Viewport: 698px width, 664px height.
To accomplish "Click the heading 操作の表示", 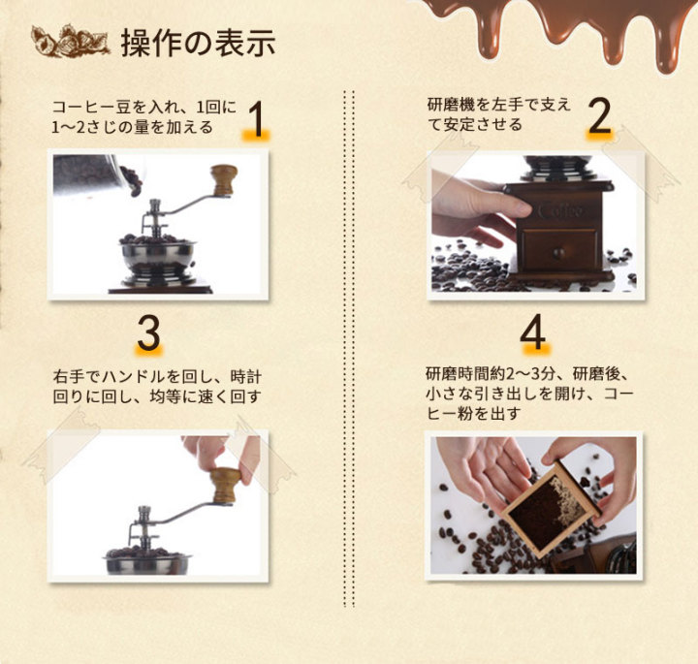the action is pos(198,44).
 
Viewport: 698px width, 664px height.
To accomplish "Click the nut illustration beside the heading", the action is pos(70,42).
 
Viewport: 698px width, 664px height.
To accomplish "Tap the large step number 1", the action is pos(257,119).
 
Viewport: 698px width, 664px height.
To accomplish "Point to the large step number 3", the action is pos(148,333).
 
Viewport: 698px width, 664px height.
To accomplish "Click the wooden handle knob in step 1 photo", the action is pos(224,180).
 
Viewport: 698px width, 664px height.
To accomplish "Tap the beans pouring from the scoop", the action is pos(132,181).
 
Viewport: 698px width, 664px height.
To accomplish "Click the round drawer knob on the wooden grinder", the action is pos(558,254).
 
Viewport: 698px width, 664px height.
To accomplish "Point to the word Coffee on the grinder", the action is pos(560,209).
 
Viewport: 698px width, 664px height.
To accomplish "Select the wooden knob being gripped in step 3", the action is pos(226,485).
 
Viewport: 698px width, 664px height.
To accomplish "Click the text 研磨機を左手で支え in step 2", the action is pos(498,105).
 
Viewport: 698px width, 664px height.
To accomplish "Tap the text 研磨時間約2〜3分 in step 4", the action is pos(491,374).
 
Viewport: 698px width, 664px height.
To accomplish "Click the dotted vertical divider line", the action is pos(349,349).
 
